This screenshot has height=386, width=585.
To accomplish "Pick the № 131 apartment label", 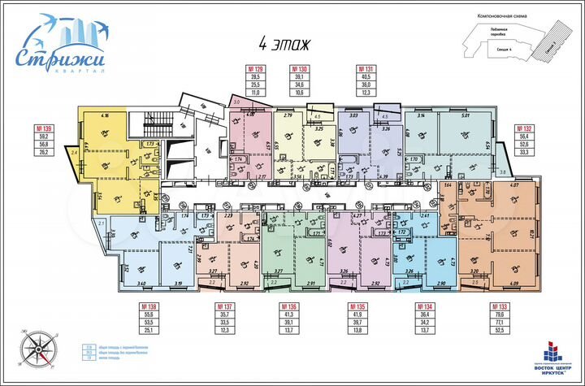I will [x=365, y=71].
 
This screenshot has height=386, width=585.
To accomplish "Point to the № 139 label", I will [x=43, y=129].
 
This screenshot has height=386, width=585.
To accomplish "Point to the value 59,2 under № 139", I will [x=43, y=137].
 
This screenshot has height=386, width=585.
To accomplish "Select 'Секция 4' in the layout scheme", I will [x=486, y=50].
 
